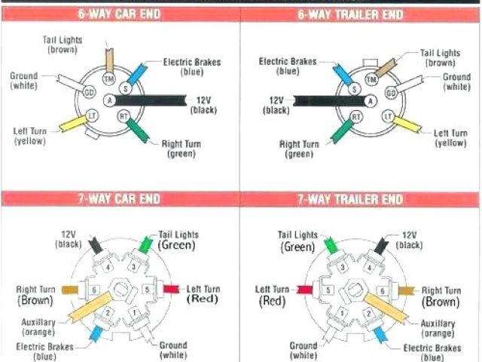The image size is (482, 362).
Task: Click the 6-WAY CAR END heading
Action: (120, 14)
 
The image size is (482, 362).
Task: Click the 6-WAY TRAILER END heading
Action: (360, 14)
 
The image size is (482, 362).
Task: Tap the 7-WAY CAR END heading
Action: (120, 199)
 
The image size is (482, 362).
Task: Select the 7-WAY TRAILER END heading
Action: (360, 199)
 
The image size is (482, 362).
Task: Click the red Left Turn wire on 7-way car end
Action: (171, 289)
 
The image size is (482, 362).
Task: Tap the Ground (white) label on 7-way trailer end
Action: (304, 350)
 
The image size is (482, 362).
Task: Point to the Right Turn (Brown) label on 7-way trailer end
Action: (441, 296)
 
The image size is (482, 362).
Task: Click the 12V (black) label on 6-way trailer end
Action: (276, 105)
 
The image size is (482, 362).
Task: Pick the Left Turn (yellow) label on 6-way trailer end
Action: (451, 137)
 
